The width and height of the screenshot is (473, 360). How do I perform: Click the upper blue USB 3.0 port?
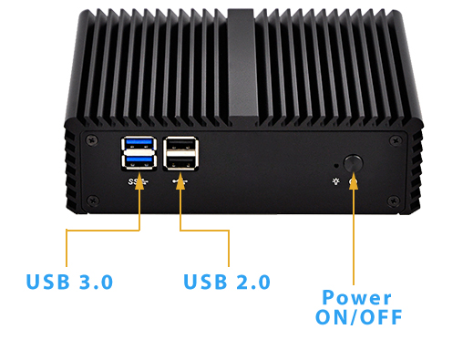click(138, 143)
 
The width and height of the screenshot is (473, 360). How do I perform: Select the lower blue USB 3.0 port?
click(138, 162)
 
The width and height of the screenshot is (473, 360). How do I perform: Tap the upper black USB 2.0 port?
click(181, 143)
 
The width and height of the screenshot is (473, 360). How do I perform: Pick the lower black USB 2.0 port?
click(181, 162)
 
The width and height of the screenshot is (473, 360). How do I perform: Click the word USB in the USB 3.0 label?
click(48, 282)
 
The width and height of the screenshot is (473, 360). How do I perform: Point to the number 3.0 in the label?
click(95, 282)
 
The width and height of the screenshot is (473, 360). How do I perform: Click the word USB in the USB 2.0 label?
click(205, 282)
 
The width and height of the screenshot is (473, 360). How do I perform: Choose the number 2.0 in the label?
click(252, 282)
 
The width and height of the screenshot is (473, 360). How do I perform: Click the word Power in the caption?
click(356, 298)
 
